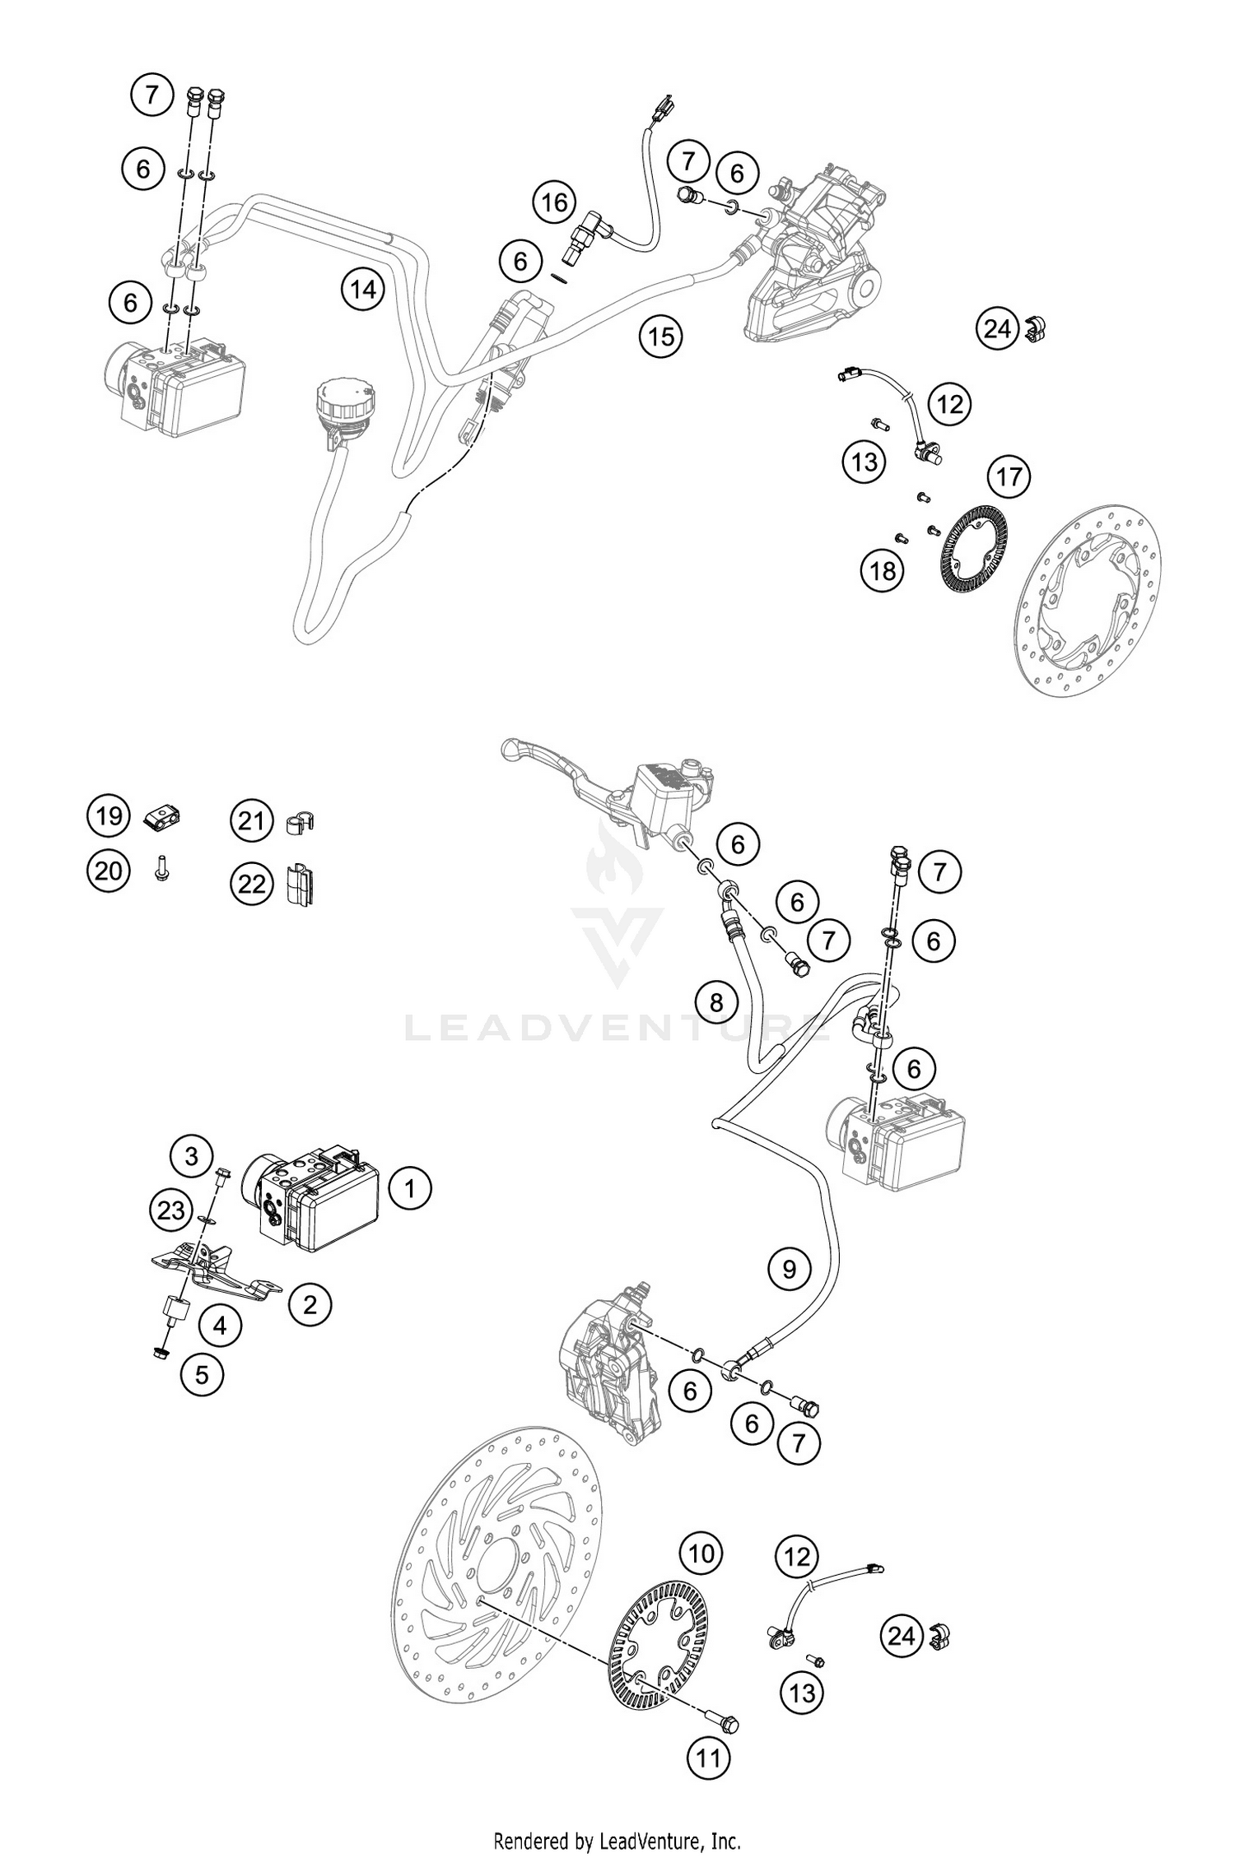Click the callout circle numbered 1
[408, 1188]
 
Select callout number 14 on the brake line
[363, 289]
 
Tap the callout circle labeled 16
[554, 202]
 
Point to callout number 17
[1009, 476]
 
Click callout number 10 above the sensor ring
[701, 1554]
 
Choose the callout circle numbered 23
[172, 1210]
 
